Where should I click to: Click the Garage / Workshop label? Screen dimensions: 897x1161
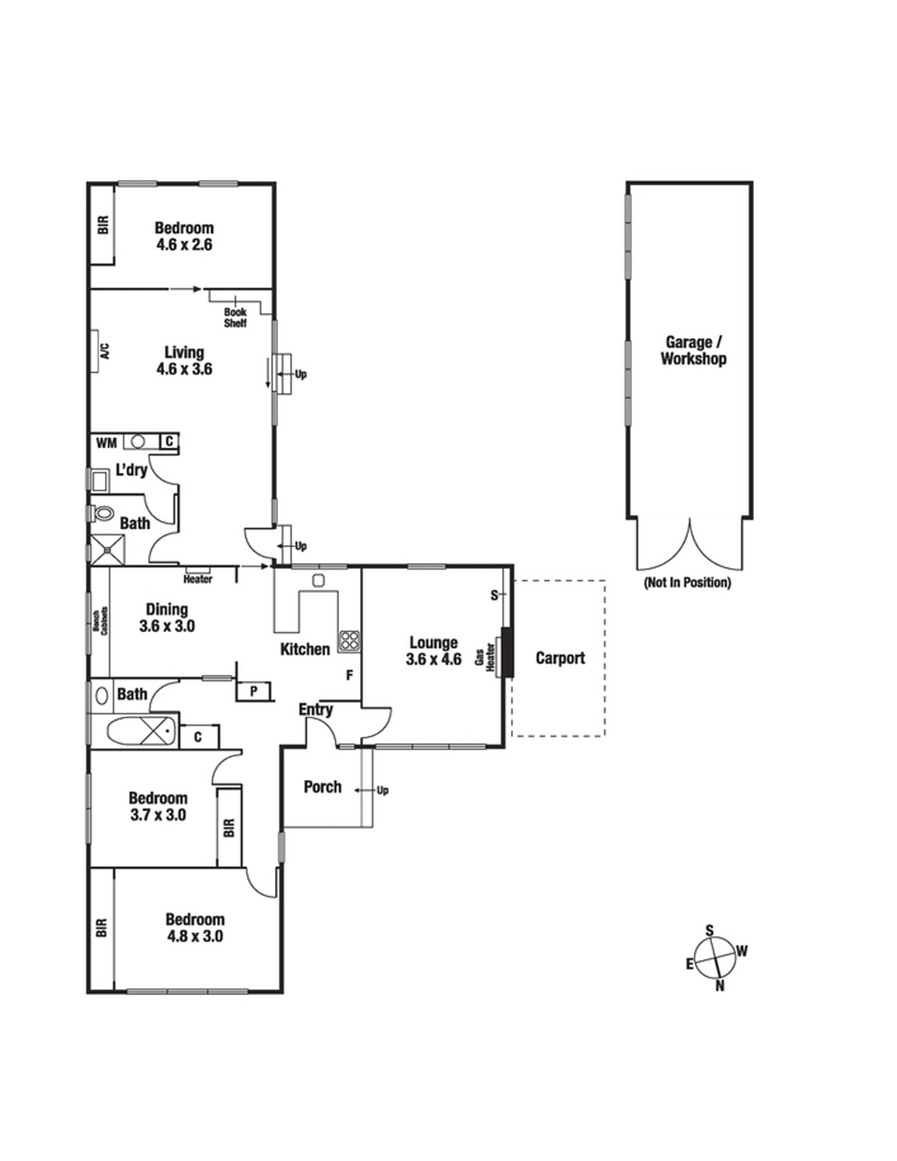pos(694,350)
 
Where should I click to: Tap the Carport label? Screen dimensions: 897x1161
pos(560,657)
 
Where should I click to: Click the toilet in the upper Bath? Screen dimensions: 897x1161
pos(102,514)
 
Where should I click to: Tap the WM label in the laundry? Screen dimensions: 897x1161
pos(106,443)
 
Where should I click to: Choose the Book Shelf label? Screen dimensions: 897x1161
pos(235,317)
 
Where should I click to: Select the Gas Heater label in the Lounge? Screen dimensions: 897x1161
pos(485,657)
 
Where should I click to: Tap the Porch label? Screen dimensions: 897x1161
pos(323,787)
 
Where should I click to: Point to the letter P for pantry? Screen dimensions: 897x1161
pos(254,692)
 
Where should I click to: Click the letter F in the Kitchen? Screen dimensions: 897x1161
pos(349,676)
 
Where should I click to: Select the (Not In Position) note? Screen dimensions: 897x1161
pos(687,583)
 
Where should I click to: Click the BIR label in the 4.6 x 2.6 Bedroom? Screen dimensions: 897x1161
pos(103,224)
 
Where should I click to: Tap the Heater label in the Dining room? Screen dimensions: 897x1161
pos(197,579)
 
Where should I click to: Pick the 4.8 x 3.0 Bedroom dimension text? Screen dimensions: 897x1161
pos(195,936)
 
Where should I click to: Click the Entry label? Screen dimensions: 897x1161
pos(316,710)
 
